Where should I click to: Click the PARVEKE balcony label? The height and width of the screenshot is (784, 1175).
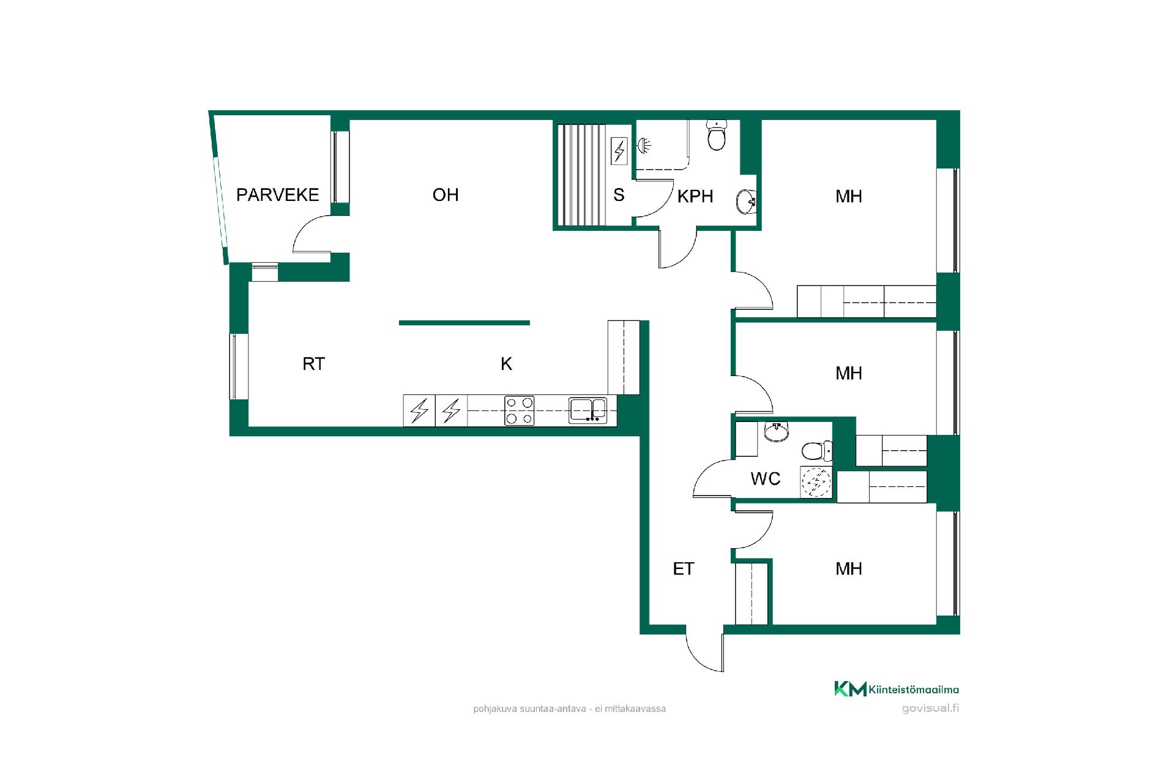[277, 195]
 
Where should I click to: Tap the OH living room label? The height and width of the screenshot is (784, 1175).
[446, 195]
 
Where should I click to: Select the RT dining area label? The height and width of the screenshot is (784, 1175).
[313, 364]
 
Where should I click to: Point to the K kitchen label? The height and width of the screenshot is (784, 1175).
[506, 364]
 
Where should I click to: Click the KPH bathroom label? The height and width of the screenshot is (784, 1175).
[695, 196]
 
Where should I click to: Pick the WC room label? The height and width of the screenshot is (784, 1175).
[765, 478]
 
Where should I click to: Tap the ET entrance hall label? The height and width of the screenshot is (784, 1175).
[683, 569]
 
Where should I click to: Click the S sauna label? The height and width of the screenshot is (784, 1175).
[619, 195]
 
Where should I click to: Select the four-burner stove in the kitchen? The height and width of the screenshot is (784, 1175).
[519, 410]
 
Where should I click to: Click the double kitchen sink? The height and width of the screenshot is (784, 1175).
[587, 410]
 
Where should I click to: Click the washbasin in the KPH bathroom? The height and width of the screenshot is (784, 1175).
[747, 201]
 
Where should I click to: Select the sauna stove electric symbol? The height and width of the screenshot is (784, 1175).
[620, 151]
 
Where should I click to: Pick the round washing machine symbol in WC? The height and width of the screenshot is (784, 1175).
[816, 482]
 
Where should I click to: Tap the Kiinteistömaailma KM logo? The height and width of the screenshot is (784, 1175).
[897, 689]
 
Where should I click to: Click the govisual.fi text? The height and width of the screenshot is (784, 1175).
[930, 709]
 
